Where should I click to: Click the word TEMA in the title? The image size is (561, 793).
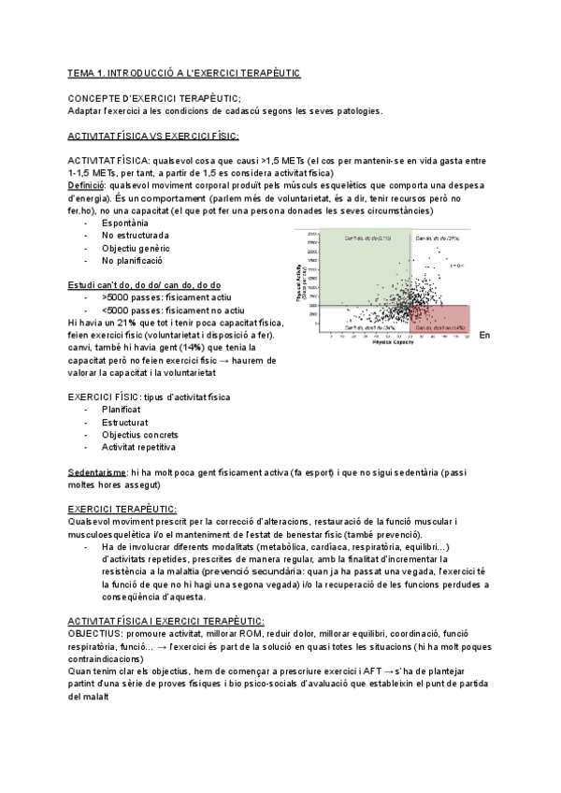pyautogui.click(x=83, y=72)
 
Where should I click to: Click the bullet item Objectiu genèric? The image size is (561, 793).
pyautogui.click(x=137, y=248)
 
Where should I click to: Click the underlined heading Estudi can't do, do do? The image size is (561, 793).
pyautogui.click(x=144, y=284)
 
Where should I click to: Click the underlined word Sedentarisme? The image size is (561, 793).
pyautogui.click(x=98, y=472)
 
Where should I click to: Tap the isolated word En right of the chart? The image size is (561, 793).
pyautogui.click(x=484, y=335)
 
